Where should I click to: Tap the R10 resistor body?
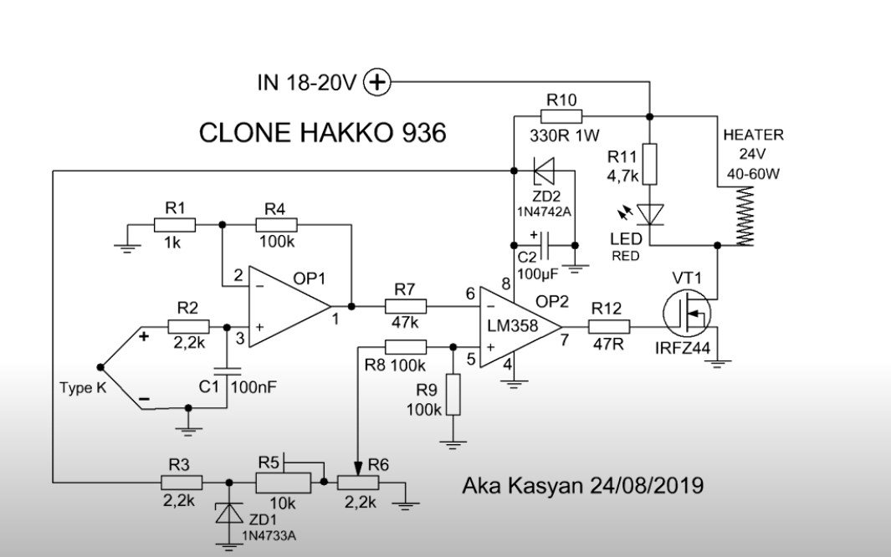point(561,116)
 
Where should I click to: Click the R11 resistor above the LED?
point(650,164)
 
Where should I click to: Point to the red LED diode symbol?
point(650,215)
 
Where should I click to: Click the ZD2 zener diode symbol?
point(545,172)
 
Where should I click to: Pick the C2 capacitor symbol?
point(545,245)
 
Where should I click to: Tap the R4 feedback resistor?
point(275,224)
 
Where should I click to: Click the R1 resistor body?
point(175,224)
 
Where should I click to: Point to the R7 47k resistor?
point(406,305)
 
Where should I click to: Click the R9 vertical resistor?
point(453,395)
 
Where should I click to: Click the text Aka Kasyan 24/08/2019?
point(582,485)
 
